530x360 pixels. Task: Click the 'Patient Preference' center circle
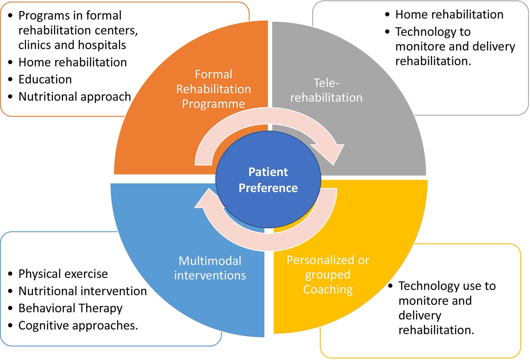click(268, 180)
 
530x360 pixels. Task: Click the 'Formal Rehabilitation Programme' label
click(213, 89)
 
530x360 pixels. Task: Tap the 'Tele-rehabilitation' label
click(326, 90)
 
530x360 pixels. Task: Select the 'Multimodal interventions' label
click(210, 268)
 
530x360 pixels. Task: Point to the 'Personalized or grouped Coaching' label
click(328, 274)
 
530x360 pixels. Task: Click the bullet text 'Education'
click(45, 79)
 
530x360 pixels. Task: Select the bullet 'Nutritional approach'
click(75, 96)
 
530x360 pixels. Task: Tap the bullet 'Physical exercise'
click(63, 274)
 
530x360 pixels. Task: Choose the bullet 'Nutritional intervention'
click(82, 291)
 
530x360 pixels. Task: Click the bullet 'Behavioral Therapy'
click(70, 308)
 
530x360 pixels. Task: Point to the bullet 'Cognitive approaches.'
click(78, 326)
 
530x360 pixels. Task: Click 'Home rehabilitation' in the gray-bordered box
click(449, 15)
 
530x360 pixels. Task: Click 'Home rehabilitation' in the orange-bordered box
click(73, 62)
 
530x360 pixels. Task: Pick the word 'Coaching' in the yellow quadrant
click(328, 289)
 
